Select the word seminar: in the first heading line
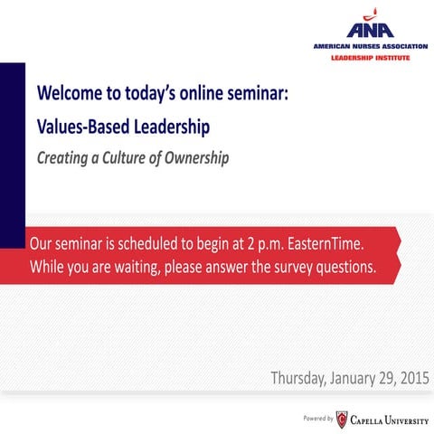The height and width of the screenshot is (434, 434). click(255, 93)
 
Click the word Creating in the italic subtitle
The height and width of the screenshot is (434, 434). click(62, 158)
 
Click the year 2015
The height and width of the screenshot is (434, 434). click(413, 378)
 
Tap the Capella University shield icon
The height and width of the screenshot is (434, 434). click(341, 418)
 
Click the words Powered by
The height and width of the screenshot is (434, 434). click(317, 418)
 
